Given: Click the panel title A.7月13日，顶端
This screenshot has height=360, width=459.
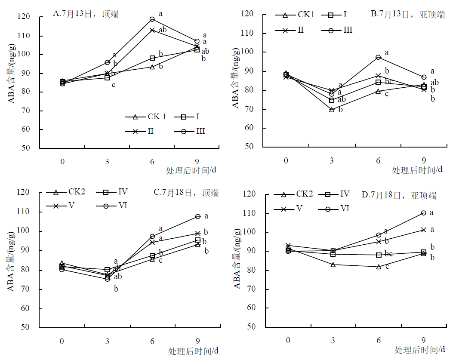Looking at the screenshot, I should [x=86, y=14].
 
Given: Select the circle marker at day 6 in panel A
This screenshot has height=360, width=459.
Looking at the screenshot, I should [x=152, y=19].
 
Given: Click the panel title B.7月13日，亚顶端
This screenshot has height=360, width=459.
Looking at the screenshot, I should [x=407, y=14].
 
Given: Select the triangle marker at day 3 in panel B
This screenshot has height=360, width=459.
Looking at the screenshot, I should [x=332, y=110].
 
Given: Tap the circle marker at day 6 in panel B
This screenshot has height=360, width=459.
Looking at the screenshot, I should [x=378, y=57].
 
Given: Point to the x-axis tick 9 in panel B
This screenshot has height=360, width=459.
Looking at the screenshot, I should [x=424, y=161].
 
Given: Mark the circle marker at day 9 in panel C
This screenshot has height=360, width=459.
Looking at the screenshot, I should [x=198, y=216].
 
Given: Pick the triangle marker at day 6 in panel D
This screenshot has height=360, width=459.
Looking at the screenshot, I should [x=379, y=267].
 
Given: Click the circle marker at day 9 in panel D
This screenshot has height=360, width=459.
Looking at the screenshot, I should [x=424, y=213].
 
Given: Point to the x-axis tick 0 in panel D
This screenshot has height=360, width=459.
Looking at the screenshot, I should [x=287, y=341].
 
